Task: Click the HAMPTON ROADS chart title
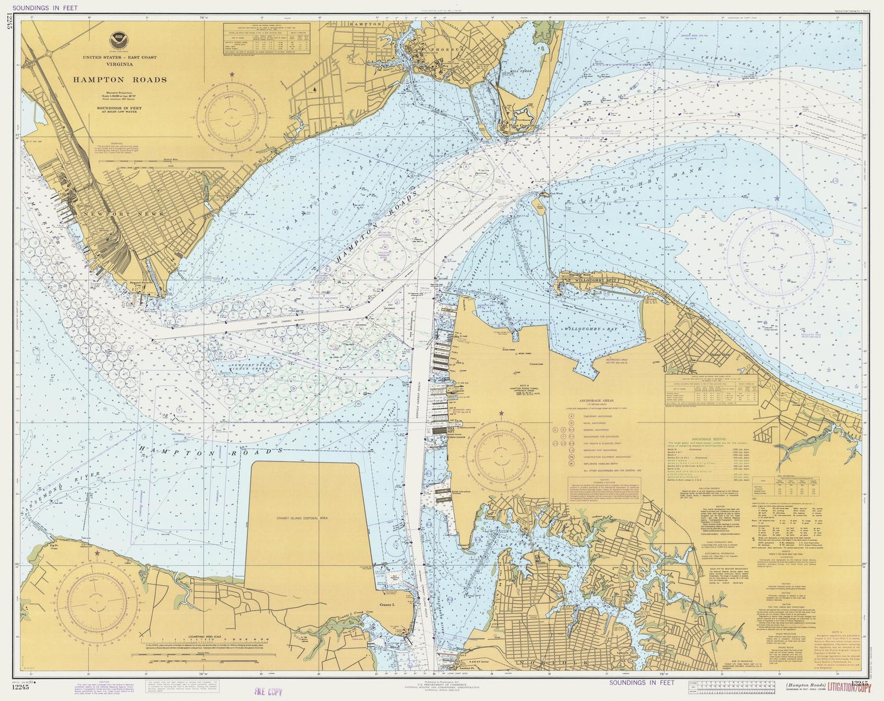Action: [120, 80]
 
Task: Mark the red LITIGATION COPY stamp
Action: [849, 687]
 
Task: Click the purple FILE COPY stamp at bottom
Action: [268, 692]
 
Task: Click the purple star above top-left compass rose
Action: [232, 74]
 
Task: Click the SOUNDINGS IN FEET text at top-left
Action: [45, 8]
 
